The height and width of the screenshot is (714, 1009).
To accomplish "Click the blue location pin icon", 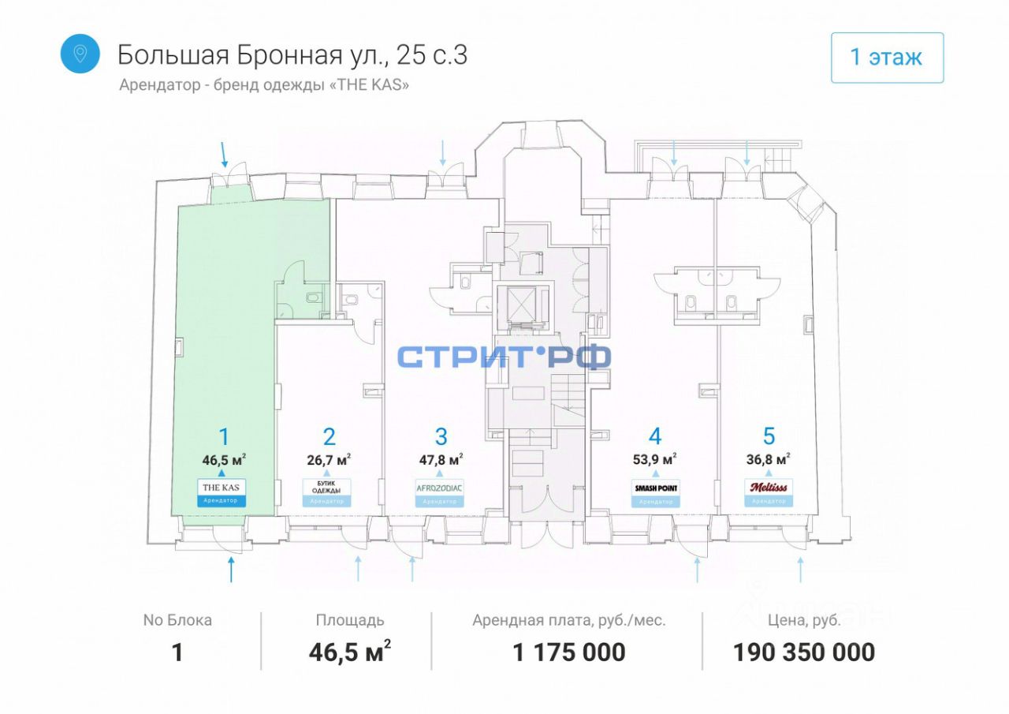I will [80, 54].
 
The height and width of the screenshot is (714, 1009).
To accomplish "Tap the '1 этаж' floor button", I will [887, 58].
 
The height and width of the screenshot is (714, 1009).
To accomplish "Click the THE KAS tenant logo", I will [222, 488].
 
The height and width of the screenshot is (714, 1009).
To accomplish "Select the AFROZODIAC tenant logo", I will [440, 488].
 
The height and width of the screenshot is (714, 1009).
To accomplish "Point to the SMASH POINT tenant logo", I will [656, 488].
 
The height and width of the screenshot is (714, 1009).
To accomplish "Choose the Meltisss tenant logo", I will [769, 487].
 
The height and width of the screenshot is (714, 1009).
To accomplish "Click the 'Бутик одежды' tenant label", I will [326, 488].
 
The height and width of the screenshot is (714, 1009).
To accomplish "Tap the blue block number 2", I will [330, 436].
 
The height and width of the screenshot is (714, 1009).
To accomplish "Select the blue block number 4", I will [655, 436].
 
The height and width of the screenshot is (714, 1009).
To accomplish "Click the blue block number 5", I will [769, 436].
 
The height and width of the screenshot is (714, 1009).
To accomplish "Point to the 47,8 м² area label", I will [440, 459].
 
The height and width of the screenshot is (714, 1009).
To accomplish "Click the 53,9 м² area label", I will [655, 459].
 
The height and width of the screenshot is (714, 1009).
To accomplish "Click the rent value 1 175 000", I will [568, 652].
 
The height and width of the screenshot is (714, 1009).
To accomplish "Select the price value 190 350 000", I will [803, 652].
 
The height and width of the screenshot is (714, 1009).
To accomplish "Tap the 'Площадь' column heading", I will [349, 620].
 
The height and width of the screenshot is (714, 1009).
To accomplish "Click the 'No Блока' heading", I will [177, 620].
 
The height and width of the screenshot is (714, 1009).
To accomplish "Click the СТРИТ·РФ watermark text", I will [504, 357].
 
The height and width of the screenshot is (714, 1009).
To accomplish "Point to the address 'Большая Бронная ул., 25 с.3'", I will [292, 54].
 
